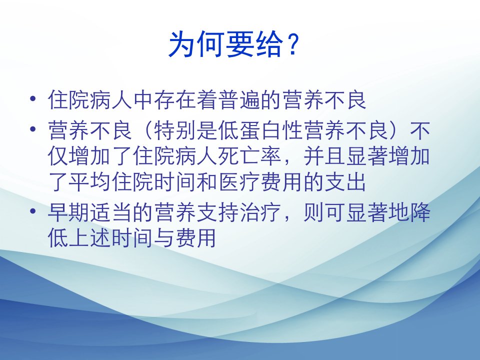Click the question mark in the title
pos(293,44)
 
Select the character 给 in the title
pos(269,44)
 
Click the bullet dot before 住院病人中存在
pos(33,99)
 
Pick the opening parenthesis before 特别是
pos(147,130)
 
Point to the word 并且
pos(324,156)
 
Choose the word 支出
pos(346,182)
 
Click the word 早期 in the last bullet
pos(68,212)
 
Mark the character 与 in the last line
pos(165,238)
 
